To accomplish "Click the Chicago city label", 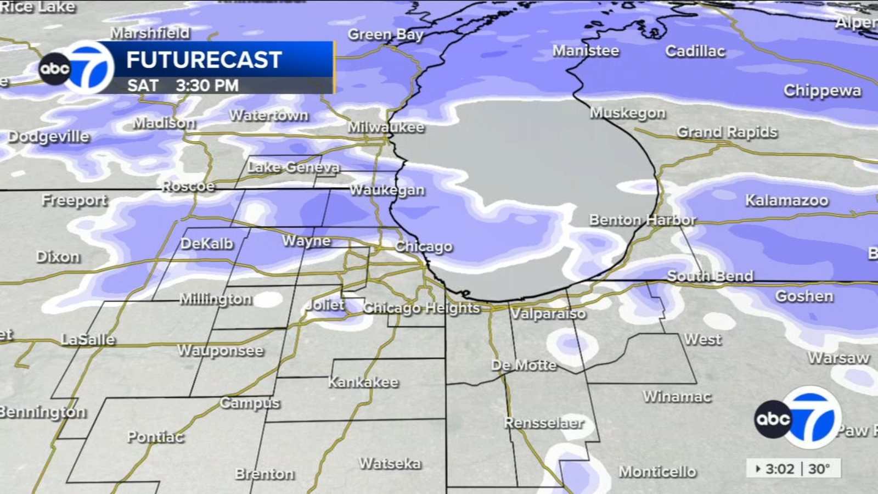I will (x=424, y=246).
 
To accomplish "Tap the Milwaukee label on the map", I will (x=386, y=127).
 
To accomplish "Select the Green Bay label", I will (x=385, y=35).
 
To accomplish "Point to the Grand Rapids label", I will (x=727, y=132).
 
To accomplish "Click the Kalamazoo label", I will (x=786, y=200).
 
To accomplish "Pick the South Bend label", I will (x=710, y=276).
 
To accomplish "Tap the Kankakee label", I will (x=363, y=382).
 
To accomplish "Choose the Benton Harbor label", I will (x=642, y=220).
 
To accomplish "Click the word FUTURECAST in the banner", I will (x=204, y=60).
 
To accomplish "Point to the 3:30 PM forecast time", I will (x=207, y=86).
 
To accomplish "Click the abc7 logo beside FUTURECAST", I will (x=77, y=68).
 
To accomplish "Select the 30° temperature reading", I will (x=819, y=469).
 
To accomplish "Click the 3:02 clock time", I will (x=779, y=469).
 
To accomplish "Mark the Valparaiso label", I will (x=548, y=314).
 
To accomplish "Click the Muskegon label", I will (x=628, y=113).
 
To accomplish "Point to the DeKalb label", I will (x=207, y=244).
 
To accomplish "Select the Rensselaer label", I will (x=544, y=423).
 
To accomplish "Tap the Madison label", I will (x=164, y=123).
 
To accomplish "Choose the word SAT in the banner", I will (x=143, y=86).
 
